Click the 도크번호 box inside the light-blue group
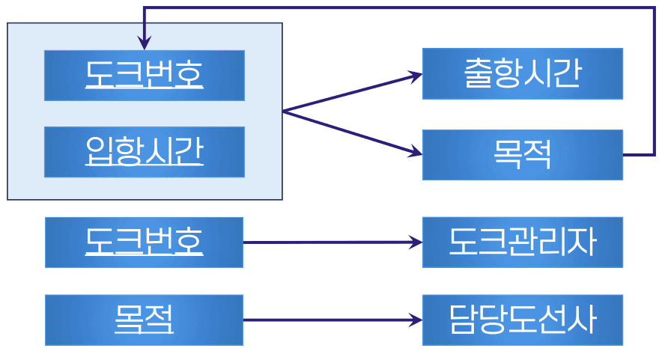click(144, 75)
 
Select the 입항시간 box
click(144, 152)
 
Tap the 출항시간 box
click(522, 73)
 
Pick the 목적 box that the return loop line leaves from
click(522, 155)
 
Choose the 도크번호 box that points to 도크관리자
click(144, 242)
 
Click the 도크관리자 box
click(522, 242)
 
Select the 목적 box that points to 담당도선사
click(144, 320)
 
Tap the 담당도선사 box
click(522, 320)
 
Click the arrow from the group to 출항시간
click(348, 94)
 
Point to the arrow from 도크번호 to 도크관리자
click(330, 242)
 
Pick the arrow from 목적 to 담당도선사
click(330, 320)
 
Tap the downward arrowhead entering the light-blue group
click(144, 43)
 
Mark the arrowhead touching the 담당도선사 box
click(416, 320)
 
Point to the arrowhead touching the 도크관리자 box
click(416, 242)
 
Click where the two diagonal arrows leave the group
click(284, 112)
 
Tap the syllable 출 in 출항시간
click(478, 73)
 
